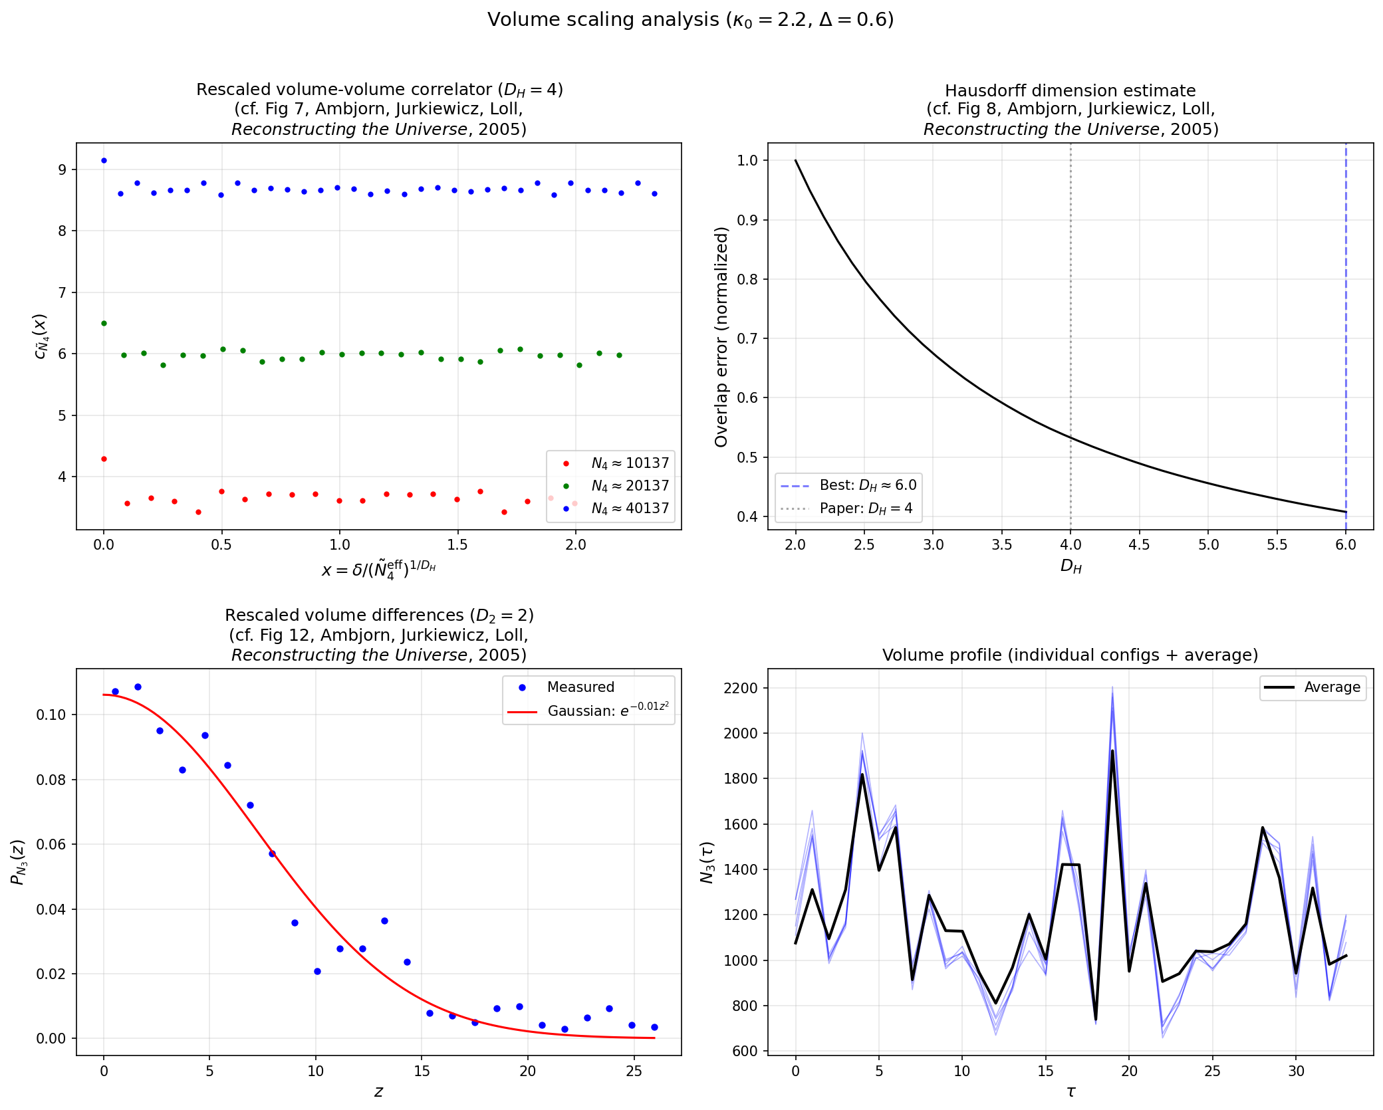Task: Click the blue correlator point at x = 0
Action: [104, 160]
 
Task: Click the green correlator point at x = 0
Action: [104, 323]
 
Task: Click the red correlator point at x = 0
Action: [104, 459]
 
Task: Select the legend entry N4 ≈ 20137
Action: [629, 486]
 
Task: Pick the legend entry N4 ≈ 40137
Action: [629, 508]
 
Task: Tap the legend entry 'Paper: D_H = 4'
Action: [865, 508]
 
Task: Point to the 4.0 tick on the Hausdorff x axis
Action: [1070, 545]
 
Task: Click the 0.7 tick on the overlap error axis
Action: [747, 338]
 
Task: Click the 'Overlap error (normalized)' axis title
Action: [721, 337]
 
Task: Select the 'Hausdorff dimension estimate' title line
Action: [1070, 90]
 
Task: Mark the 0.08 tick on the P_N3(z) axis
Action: [51, 780]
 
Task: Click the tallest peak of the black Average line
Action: [1112, 751]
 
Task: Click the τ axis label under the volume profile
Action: [1070, 1091]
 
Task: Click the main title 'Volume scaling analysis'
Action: [690, 19]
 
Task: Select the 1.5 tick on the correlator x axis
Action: [457, 545]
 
